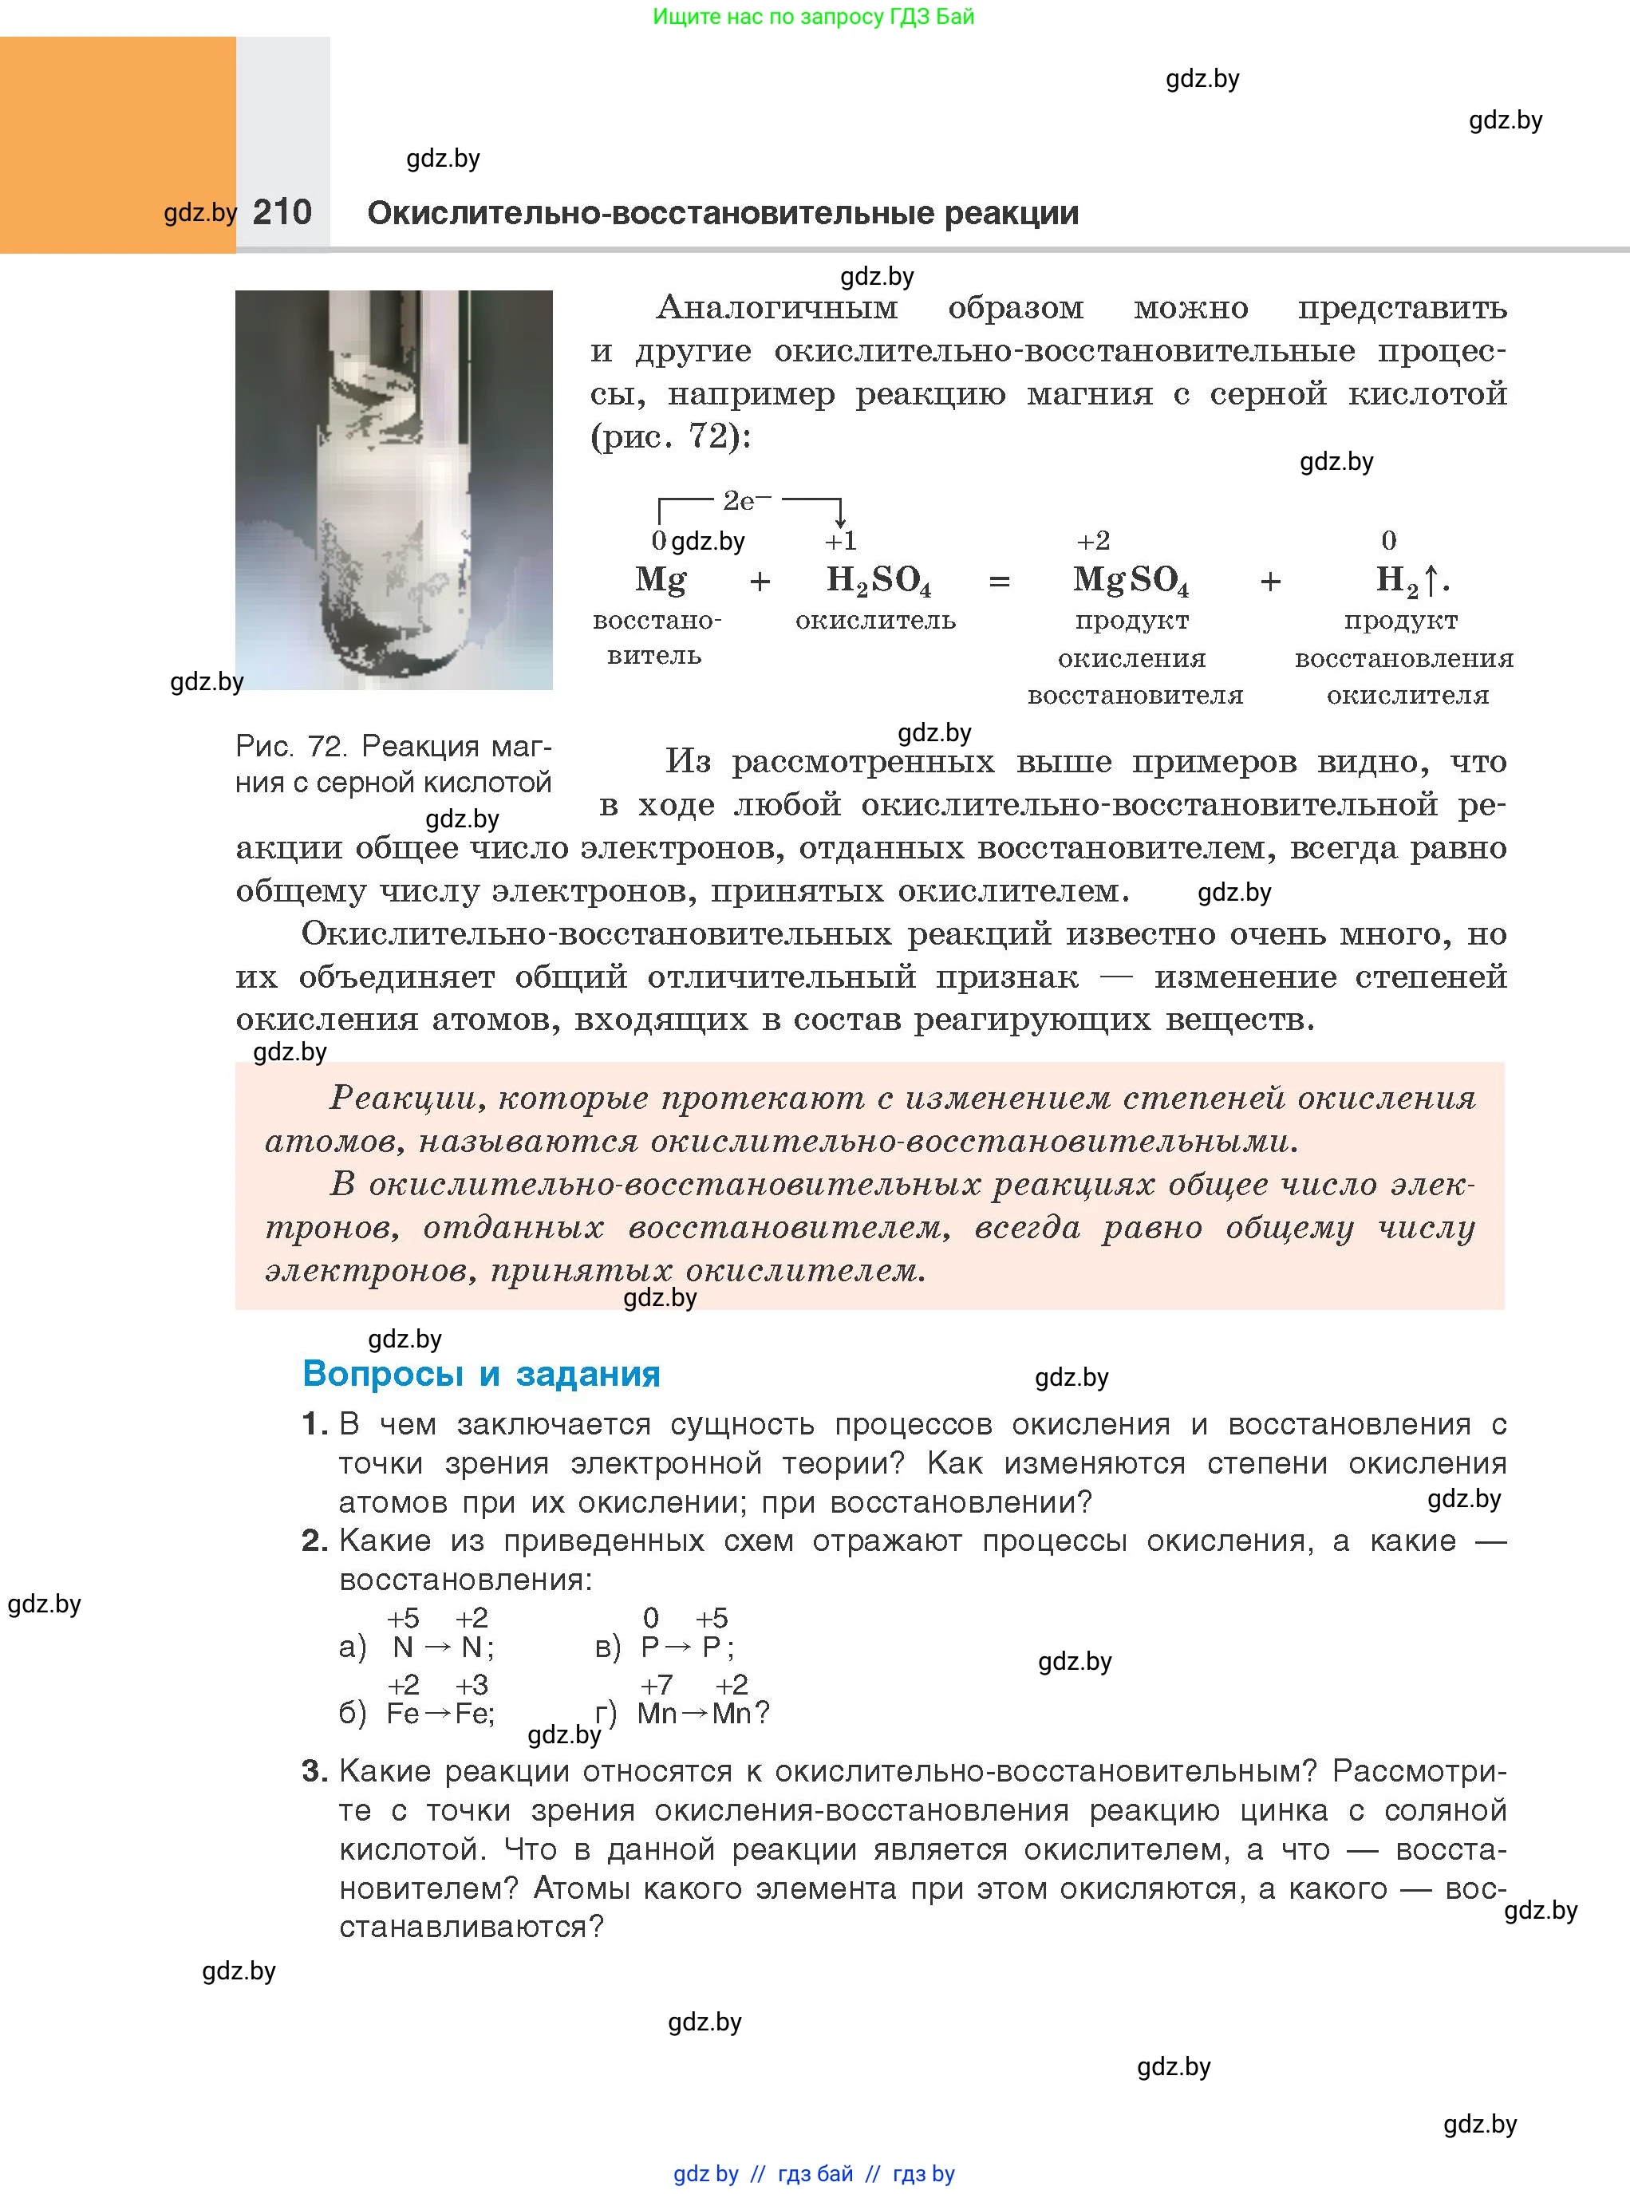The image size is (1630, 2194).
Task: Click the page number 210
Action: pyautogui.click(x=282, y=212)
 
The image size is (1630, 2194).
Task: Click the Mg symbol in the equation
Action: pyautogui.click(x=660, y=579)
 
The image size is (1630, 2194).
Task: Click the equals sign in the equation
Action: pyautogui.click(x=999, y=582)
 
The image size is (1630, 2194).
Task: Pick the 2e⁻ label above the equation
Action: pyautogui.click(x=746, y=501)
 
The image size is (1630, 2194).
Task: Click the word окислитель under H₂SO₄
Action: pyautogui.click(x=875, y=621)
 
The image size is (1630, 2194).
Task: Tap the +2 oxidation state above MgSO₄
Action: pyautogui.click(x=1093, y=541)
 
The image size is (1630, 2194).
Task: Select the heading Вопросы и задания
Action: pyautogui.click(x=482, y=1373)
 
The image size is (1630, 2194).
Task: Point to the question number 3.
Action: pyautogui.click(x=314, y=1771)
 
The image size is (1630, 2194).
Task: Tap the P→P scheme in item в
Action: pyautogui.click(x=685, y=1647)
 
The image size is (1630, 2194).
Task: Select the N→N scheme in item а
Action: pyautogui.click(x=442, y=1647)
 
